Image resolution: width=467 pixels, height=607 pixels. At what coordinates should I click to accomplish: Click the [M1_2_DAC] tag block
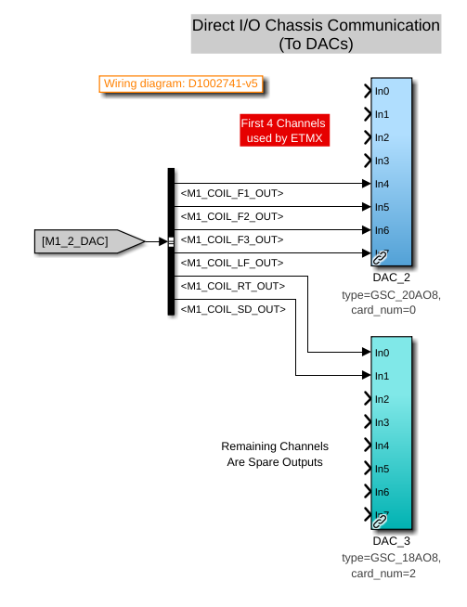click(x=89, y=241)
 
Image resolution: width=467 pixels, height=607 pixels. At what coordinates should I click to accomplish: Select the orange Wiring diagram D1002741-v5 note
click(x=181, y=84)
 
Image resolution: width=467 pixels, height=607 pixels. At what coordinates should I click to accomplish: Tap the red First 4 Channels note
click(x=285, y=130)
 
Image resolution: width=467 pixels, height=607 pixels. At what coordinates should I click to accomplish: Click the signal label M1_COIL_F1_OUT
click(x=232, y=193)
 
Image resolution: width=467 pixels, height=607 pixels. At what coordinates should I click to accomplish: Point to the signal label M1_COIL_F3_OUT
click(x=232, y=239)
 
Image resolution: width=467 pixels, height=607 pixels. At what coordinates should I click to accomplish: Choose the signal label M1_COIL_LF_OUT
click(x=232, y=263)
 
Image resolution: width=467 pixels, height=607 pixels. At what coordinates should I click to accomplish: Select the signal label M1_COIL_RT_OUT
click(x=233, y=286)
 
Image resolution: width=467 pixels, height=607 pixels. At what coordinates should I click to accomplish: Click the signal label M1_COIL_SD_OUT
click(x=233, y=309)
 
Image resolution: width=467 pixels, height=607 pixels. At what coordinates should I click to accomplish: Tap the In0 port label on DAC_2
click(x=382, y=91)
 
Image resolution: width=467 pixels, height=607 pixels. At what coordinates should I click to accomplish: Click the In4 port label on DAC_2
click(x=382, y=184)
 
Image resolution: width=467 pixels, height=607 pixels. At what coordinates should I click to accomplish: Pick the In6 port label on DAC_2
click(x=382, y=230)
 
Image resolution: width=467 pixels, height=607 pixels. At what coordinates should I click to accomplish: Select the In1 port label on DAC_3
click(x=382, y=376)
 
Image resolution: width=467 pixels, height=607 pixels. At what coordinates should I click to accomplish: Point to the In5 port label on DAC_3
click(x=382, y=469)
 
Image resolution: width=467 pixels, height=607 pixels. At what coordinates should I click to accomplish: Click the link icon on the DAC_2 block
click(x=380, y=257)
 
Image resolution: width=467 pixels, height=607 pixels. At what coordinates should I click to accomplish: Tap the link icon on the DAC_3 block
click(x=380, y=521)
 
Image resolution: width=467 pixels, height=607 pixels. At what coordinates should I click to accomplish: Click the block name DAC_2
click(x=391, y=278)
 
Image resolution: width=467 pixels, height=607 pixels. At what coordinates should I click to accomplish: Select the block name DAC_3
click(x=391, y=540)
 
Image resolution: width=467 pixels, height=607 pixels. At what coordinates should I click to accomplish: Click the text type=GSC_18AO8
click(x=391, y=558)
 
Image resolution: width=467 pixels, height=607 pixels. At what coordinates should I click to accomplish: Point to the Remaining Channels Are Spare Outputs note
click(x=275, y=454)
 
